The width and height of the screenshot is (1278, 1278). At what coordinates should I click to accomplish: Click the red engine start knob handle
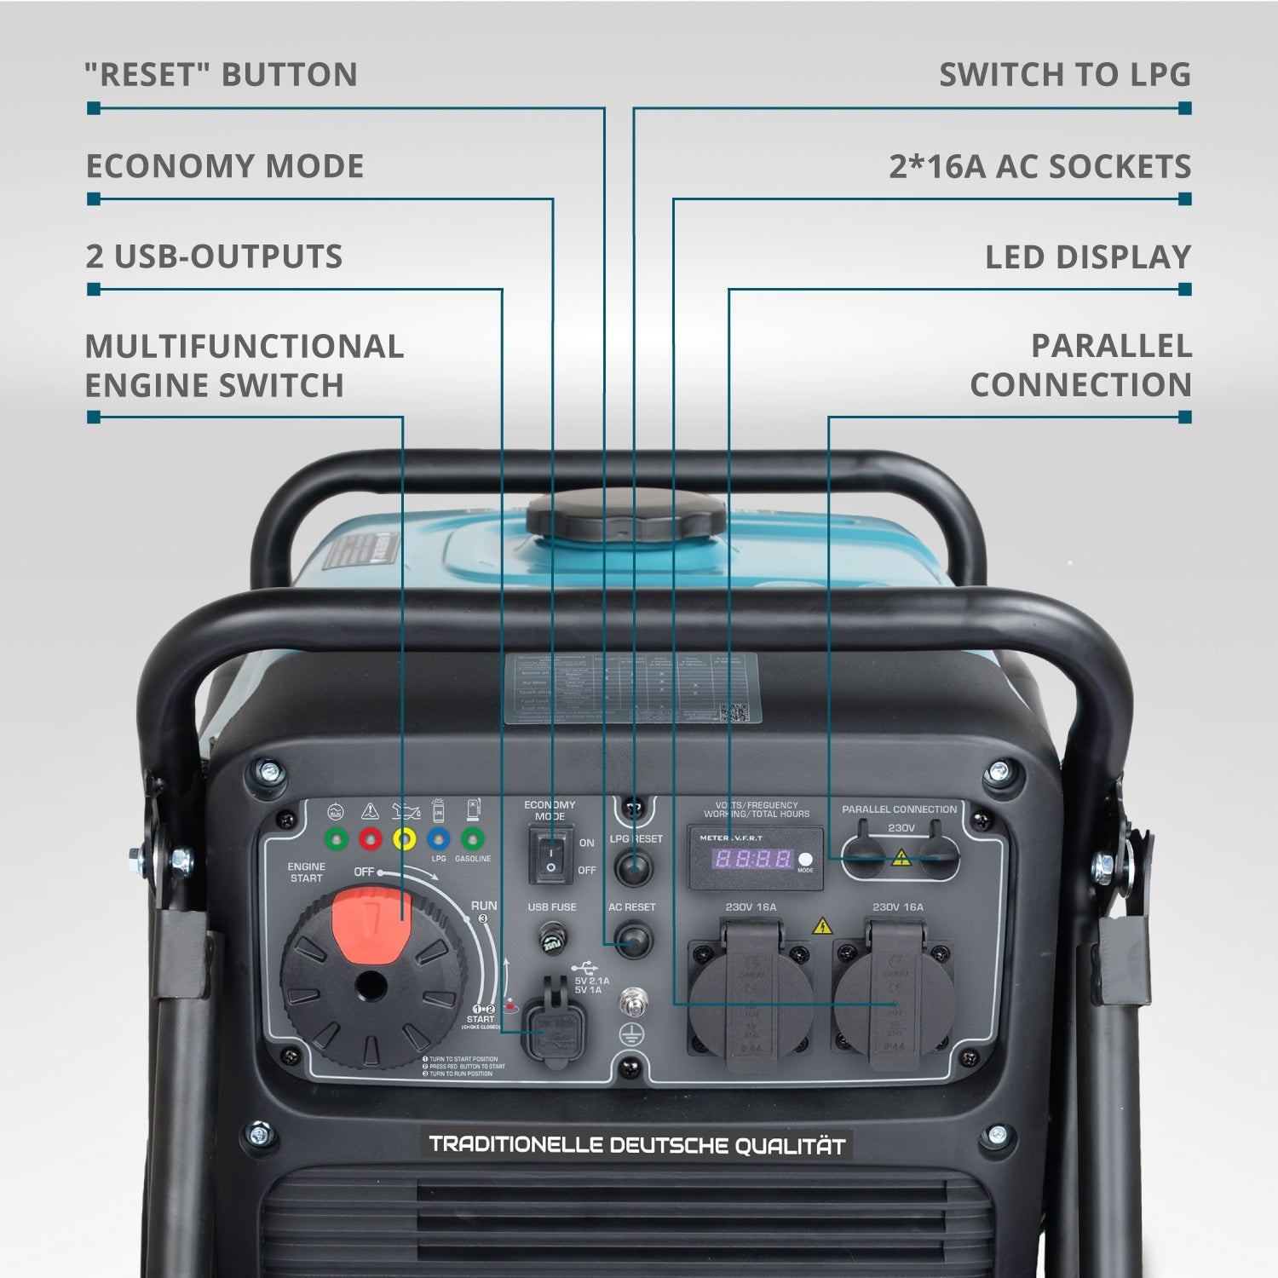[371, 924]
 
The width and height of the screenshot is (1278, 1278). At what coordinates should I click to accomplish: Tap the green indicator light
[337, 839]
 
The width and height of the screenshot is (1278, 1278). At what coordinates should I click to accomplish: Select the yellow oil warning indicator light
[404, 839]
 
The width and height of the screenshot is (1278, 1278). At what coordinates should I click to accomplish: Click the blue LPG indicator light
[438, 839]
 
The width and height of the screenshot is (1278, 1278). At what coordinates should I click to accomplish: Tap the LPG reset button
[633, 868]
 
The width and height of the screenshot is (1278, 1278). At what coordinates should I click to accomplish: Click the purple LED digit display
[752, 858]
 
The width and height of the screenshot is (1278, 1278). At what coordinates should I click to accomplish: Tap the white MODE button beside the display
[804, 859]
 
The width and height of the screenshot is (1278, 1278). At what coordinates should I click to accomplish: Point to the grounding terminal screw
[631, 1000]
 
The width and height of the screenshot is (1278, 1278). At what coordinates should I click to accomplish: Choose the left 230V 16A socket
[751, 1001]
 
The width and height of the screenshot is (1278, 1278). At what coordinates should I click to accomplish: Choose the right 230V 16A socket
[894, 1001]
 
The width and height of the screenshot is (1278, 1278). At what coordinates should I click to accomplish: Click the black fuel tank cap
[626, 515]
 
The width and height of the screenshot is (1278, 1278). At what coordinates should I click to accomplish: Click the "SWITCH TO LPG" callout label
[1064, 75]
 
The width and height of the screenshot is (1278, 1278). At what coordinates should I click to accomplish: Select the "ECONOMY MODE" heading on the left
[225, 166]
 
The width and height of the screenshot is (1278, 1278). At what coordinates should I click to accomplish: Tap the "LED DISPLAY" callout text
[1087, 256]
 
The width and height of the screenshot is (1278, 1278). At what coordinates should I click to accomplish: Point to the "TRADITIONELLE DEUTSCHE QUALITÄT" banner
[636, 1144]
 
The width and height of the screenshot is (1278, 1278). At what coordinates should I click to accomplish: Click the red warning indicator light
[370, 839]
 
